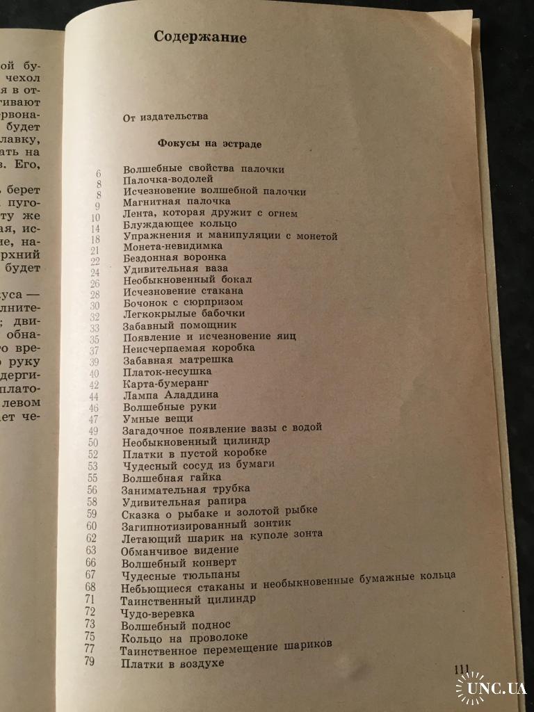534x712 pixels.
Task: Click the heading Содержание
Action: tap(200, 38)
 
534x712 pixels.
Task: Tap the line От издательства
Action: tap(165, 117)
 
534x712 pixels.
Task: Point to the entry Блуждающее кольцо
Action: tap(180, 224)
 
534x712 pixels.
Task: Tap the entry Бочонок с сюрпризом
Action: tap(183, 302)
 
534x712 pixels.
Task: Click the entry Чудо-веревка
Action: tap(157, 613)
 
